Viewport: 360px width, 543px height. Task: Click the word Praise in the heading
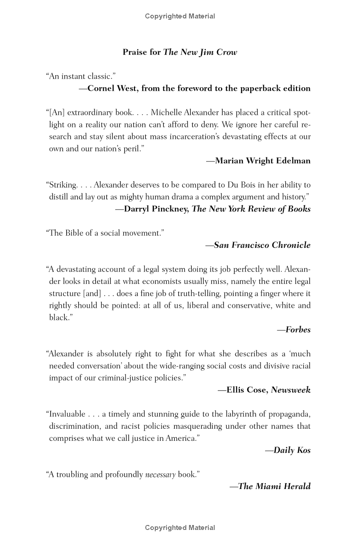pos(135,52)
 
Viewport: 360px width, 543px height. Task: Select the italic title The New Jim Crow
pos(200,52)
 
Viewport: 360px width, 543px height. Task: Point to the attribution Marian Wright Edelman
pos(262,161)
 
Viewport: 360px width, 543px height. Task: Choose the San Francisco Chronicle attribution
pos(262,245)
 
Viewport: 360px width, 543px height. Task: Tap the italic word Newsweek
pos(291,390)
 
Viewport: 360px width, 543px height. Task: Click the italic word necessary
pos(160,475)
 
